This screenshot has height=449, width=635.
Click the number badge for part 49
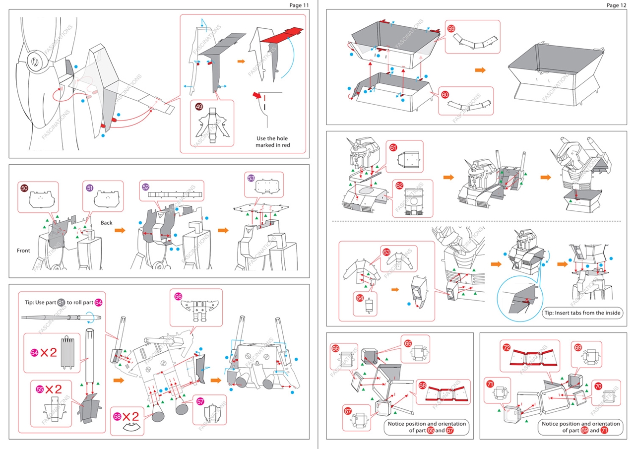pyautogui.click(x=198, y=107)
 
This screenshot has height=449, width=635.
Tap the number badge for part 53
pyautogui.click(x=251, y=178)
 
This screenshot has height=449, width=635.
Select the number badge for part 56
pyautogui.click(x=179, y=296)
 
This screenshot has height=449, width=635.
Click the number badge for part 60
pyautogui.click(x=445, y=94)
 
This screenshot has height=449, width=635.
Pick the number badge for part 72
pyautogui.click(x=507, y=347)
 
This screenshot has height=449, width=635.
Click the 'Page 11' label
pyautogui.click(x=300, y=5)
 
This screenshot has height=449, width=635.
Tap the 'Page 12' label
pyautogui.click(x=616, y=5)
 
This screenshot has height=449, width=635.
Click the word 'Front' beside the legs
pyautogui.click(x=23, y=251)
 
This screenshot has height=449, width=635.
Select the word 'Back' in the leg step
pyautogui.click(x=107, y=223)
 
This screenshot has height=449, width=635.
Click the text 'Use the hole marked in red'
pyautogui.click(x=272, y=141)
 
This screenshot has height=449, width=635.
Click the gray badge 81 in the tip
pyautogui.click(x=61, y=303)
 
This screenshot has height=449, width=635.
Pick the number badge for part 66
pyautogui.click(x=335, y=349)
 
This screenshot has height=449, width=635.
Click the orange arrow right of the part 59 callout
pyautogui.click(x=480, y=70)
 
